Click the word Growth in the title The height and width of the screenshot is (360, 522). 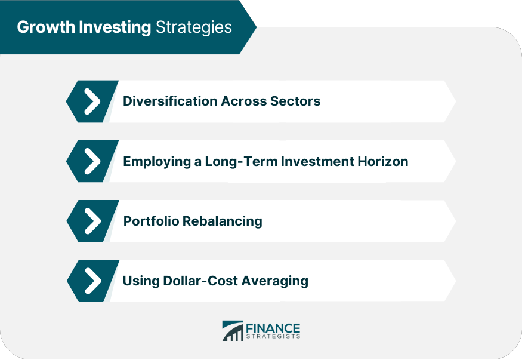point(46,27)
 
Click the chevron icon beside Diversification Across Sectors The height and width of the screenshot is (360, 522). point(92,101)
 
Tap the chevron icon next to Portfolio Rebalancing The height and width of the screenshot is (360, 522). point(92,221)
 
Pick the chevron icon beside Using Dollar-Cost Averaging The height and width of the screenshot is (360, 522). point(93,281)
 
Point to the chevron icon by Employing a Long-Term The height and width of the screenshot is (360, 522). point(92,161)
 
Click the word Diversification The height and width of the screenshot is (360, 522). point(170,101)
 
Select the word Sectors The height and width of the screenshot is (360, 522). point(295,101)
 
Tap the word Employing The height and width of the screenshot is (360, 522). point(157,162)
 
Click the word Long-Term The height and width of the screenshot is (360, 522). point(241,162)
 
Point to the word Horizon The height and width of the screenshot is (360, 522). point(383,162)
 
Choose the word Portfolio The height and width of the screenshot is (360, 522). point(151,221)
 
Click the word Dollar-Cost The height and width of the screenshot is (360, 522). point(200,281)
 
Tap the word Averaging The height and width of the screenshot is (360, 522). point(274,282)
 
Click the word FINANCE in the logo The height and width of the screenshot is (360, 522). point(273,328)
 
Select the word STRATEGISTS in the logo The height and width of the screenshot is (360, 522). point(273,336)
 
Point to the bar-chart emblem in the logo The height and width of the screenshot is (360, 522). point(233,331)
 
